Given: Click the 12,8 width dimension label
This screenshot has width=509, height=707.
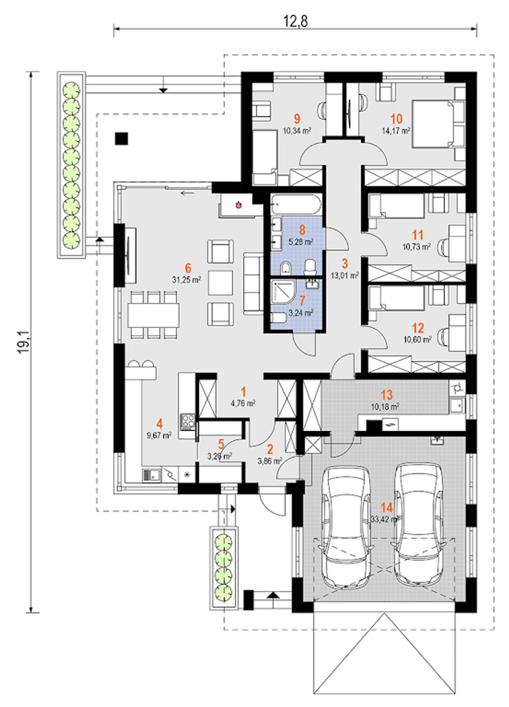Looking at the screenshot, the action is tap(295, 21).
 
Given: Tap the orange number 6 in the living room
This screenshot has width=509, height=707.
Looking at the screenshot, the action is tap(188, 268).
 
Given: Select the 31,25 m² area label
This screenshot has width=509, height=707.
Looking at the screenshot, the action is tap(187, 280).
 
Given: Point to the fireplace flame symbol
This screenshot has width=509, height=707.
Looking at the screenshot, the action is tap(239, 205).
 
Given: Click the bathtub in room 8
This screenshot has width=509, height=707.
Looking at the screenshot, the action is tap(296, 205).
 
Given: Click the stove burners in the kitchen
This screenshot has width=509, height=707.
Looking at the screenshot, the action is tap(187, 421).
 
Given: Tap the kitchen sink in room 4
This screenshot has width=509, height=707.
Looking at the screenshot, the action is tap(151, 475).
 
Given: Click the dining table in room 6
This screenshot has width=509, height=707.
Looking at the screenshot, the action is tap(153, 315).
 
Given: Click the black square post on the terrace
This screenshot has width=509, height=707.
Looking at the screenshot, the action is tap(122, 139).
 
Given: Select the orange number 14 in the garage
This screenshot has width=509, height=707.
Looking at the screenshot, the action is tap(387, 507).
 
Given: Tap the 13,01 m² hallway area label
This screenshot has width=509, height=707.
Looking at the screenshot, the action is tap(345, 275).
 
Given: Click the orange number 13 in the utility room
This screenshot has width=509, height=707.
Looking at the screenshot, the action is tap(387, 395).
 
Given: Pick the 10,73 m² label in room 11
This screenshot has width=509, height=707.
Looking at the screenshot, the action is tap(417, 247).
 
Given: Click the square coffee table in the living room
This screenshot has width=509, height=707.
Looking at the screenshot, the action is tap(220, 283).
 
